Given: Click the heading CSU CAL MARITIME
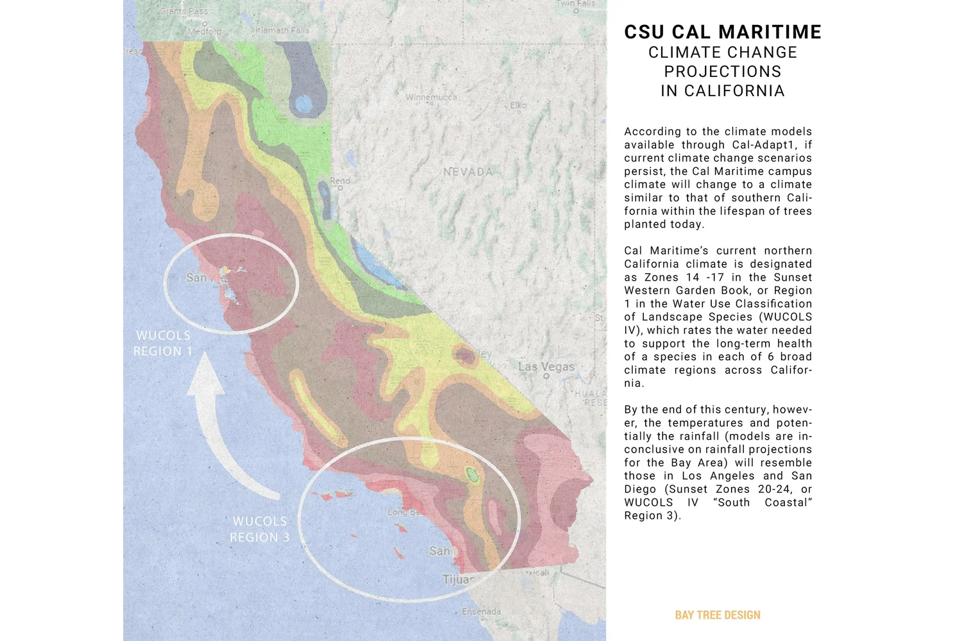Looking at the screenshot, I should pos(723,32).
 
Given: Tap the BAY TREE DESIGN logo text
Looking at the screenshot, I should pos(718,615).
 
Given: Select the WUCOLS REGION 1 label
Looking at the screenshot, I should pos(163,344).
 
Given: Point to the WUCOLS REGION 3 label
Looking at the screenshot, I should pos(260,529).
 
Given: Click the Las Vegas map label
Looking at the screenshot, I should pos(546,367).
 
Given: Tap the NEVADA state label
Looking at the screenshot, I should pos(468,172).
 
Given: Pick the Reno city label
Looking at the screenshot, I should pos(340,181).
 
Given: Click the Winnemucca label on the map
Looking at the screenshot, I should pos(431,97).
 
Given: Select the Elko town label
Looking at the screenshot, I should pos(518,105).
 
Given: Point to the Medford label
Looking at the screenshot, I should pos(205,31).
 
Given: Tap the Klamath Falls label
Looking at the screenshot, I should pos(282,30).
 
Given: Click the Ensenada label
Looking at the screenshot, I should pos(482,612).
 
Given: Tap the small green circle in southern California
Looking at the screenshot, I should pos(473,474).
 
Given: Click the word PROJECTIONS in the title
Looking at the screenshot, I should pos(723,71).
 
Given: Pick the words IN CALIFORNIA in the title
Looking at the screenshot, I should pos(723,91).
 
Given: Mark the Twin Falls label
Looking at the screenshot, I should pos(575,4).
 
